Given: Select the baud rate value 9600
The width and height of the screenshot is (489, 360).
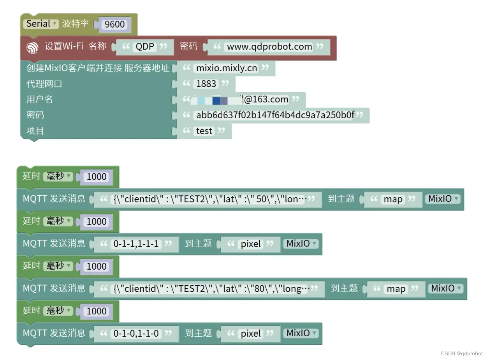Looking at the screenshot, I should [115, 25].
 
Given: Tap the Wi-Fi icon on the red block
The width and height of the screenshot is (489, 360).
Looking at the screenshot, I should [32, 47].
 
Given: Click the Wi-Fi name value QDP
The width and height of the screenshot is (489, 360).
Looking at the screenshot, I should [145, 47].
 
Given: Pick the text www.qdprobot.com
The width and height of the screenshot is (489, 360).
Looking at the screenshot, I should [269, 47].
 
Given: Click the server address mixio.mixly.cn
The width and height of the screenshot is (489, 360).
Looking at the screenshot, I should [226, 68].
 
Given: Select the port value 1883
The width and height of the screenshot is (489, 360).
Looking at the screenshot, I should [206, 84].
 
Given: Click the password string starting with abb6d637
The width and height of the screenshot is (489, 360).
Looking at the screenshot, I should [275, 115].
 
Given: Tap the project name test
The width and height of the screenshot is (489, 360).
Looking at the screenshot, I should [204, 131].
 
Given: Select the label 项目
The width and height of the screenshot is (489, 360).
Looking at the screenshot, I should [35, 131].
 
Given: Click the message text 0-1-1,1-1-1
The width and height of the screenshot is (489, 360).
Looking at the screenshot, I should [136, 244].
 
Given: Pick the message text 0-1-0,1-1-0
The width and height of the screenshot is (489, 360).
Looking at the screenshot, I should [136, 334].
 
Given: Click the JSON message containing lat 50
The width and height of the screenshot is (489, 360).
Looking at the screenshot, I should [211, 199].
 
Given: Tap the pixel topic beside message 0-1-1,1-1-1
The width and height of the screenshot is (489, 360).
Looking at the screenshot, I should [251, 244].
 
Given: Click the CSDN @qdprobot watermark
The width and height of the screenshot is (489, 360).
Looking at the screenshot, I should [462, 353].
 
